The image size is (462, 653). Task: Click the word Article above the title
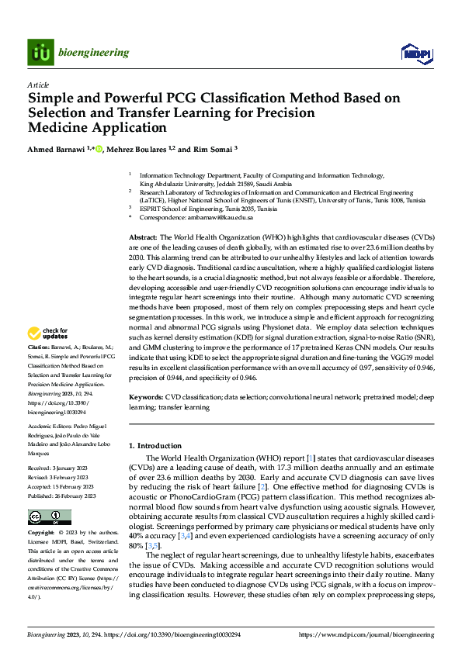[38, 85]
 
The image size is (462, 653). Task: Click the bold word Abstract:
[144, 237]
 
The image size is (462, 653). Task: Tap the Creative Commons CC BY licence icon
[49, 517]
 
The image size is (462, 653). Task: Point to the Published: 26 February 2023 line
[61, 496]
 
